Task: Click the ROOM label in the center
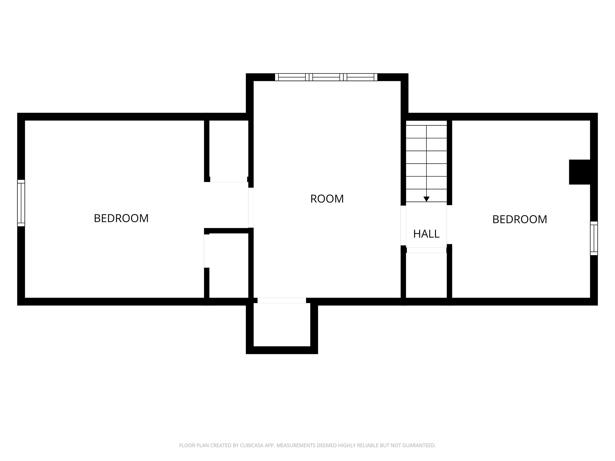tap(327, 199)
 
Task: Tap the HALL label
tap(426, 234)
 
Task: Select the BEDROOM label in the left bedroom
tap(121, 218)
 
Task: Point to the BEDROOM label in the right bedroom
tap(520, 219)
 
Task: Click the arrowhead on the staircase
tap(426, 199)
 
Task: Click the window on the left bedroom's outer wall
tap(21, 203)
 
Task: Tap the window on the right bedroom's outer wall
tap(594, 238)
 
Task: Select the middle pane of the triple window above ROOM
tap(326, 77)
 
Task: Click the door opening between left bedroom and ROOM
tap(251, 207)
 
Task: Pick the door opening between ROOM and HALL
tap(403, 225)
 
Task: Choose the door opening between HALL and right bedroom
tap(449, 224)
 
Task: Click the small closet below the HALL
tap(426, 275)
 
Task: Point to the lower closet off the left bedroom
tap(229, 265)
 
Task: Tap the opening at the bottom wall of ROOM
tap(282, 300)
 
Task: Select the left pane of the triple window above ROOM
tap(292, 77)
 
